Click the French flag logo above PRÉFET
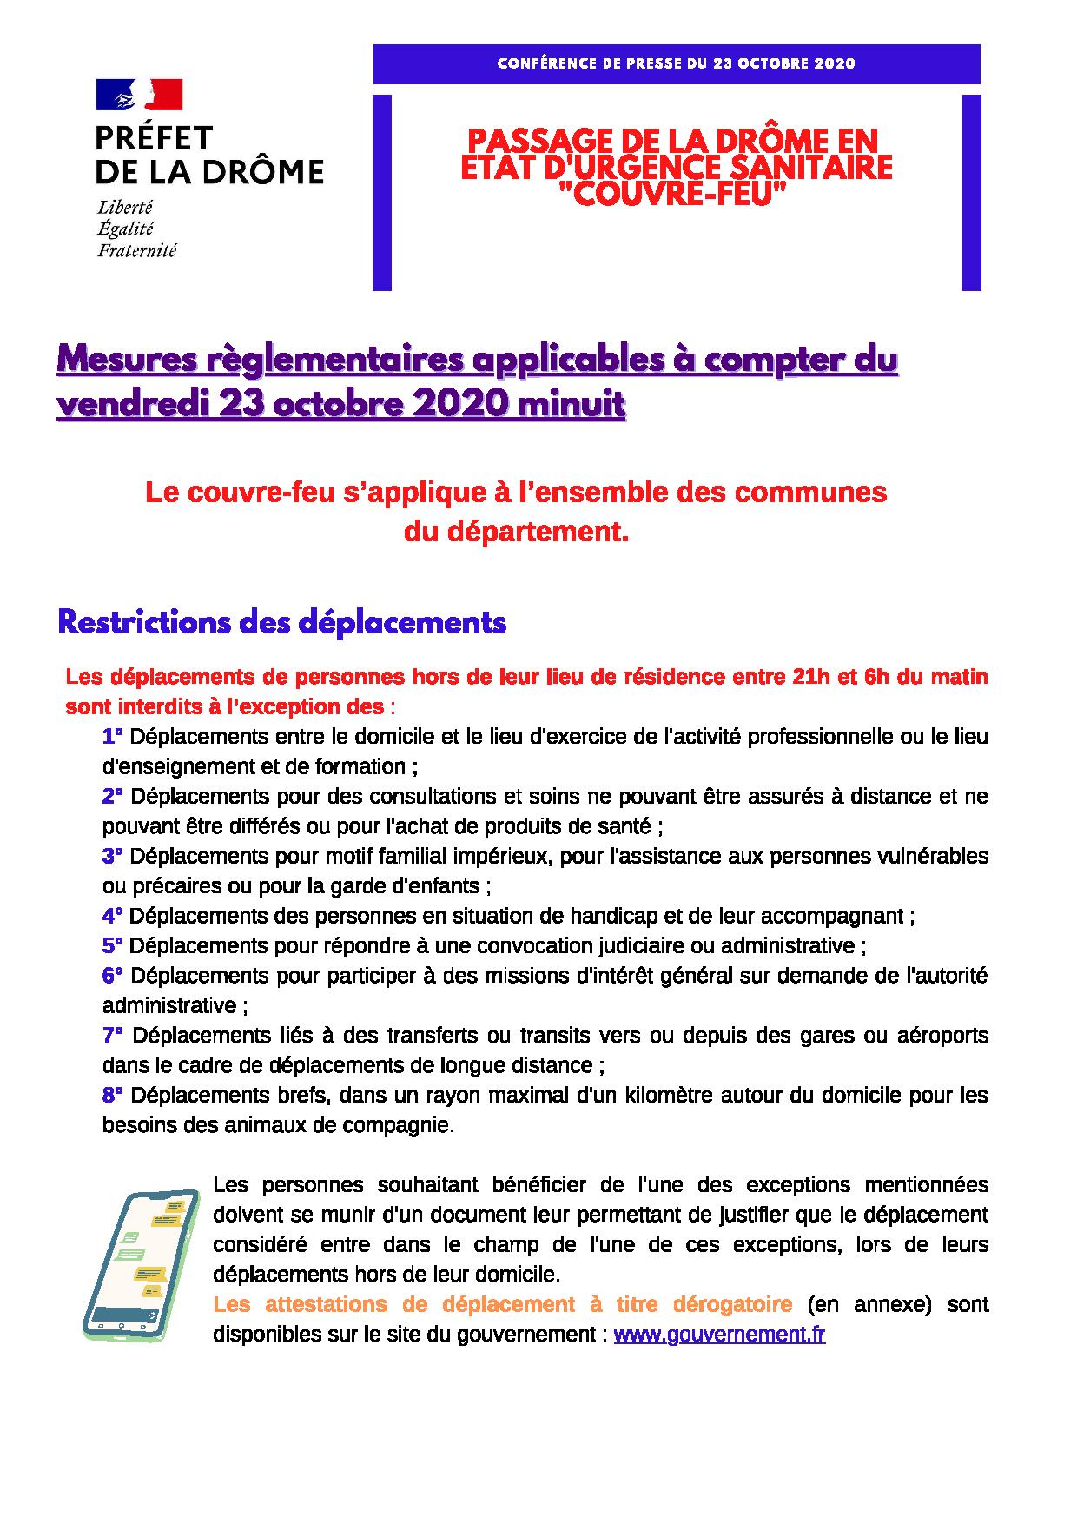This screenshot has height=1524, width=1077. [139, 95]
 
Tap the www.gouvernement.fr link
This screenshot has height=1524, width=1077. [719, 1335]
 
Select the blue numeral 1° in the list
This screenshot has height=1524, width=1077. [112, 737]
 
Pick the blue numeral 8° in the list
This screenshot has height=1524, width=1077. [112, 1095]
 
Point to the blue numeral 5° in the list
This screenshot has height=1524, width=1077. [112, 945]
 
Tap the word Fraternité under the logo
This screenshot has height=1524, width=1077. [136, 251]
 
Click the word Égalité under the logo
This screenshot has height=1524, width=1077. [125, 229]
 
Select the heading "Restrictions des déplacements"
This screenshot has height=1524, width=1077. [281, 623]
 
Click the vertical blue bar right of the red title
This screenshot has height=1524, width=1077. [971, 192]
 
